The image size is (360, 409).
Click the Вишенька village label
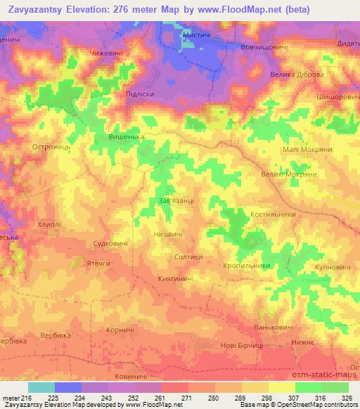click(127, 137)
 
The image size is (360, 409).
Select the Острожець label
click(49, 148)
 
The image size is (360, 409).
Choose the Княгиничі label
click(176, 279)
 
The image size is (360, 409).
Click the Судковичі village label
click(111, 243)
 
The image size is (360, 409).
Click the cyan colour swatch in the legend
click(41, 387)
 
